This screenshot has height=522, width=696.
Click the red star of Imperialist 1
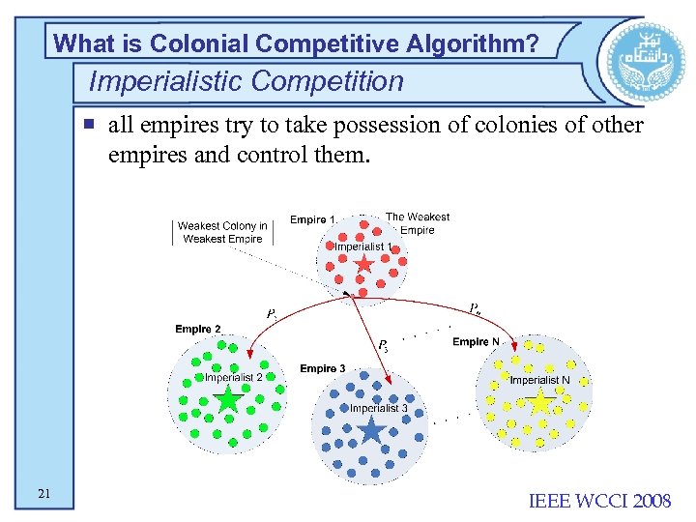click(362, 263)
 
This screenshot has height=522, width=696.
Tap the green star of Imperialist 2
click(228, 399)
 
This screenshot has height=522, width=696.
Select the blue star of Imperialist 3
click(371, 429)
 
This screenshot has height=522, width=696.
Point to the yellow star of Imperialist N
click(540, 402)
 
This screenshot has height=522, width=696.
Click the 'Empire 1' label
click(312, 220)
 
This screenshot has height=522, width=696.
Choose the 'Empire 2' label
click(198, 330)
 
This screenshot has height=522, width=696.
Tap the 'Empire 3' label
click(323, 369)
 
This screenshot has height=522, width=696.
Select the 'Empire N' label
click(477, 342)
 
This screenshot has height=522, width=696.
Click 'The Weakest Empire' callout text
click(417, 223)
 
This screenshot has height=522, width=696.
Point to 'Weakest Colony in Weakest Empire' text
click(222, 232)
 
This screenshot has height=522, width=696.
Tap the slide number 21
click(44, 495)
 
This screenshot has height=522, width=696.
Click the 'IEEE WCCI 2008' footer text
click(599, 500)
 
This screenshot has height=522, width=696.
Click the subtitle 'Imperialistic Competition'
click(246, 81)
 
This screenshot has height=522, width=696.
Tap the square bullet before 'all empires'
click(88, 124)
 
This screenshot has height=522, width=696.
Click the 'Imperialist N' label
click(539, 380)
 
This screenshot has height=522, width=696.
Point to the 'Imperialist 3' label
click(378, 408)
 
